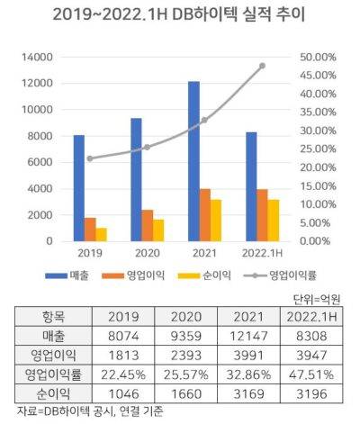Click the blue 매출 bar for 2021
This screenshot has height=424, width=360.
(x=193, y=161)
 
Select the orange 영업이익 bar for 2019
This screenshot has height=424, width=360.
(x=90, y=230)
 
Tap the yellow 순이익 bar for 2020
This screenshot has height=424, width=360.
(x=158, y=230)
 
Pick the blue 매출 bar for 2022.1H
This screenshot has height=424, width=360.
(x=251, y=186)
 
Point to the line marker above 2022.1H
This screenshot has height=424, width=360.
(x=262, y=66)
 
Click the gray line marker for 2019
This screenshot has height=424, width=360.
(x=90, y=158)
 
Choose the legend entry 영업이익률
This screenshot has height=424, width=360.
(x=280, y=275)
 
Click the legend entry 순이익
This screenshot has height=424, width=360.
(x=204, y=275)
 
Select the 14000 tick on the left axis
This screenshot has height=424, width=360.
(x=37, y=57)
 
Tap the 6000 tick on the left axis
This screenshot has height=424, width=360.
(x=40, y=162)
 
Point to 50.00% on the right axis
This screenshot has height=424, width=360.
(x=318, y=57)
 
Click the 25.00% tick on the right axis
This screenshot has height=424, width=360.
(x=318, y=149)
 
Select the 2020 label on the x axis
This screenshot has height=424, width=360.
(x=148, y=253)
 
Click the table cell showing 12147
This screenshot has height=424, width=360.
(x=248, y=336)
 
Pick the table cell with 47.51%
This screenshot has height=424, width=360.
(x=311, y=374)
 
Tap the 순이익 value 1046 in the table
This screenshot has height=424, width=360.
(x=123, y=393)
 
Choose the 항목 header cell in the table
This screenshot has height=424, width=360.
(x=53, y=317)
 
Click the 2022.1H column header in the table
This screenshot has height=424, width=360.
(x=311, y=317)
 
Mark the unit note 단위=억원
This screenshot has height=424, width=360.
(x=317, y=299)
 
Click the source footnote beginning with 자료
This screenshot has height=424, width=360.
(x=90, y=411)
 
